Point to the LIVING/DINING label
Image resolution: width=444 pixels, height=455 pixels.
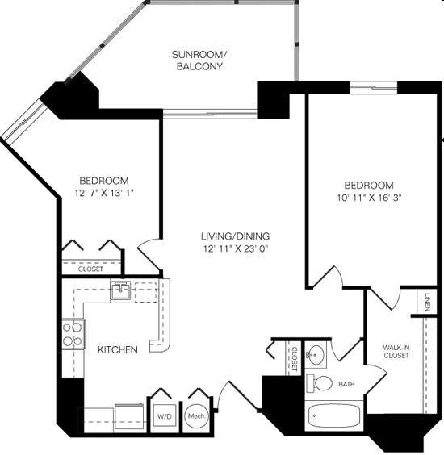234,236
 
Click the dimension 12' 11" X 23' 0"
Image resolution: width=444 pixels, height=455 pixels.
234,249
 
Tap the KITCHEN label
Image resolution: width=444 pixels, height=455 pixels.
117,349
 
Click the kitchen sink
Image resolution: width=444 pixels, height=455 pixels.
121,290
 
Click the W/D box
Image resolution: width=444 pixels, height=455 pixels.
165,415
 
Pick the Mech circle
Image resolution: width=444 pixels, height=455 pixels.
195,415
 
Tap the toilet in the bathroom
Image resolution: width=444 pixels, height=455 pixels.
323,382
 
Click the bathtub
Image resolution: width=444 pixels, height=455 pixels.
335,417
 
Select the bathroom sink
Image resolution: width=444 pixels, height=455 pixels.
315,354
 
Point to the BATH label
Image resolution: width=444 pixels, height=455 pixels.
347,385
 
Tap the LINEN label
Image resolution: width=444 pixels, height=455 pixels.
425,302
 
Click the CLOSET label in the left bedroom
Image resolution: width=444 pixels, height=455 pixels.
91,269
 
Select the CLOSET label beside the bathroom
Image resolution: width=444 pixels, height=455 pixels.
295,357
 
